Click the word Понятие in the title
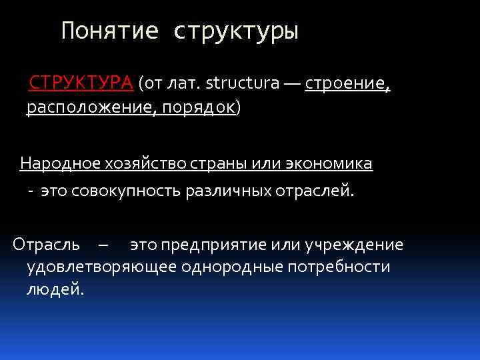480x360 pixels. coord(110,31)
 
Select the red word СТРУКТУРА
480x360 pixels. coord(81,83)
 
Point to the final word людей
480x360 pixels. coord(55,291)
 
